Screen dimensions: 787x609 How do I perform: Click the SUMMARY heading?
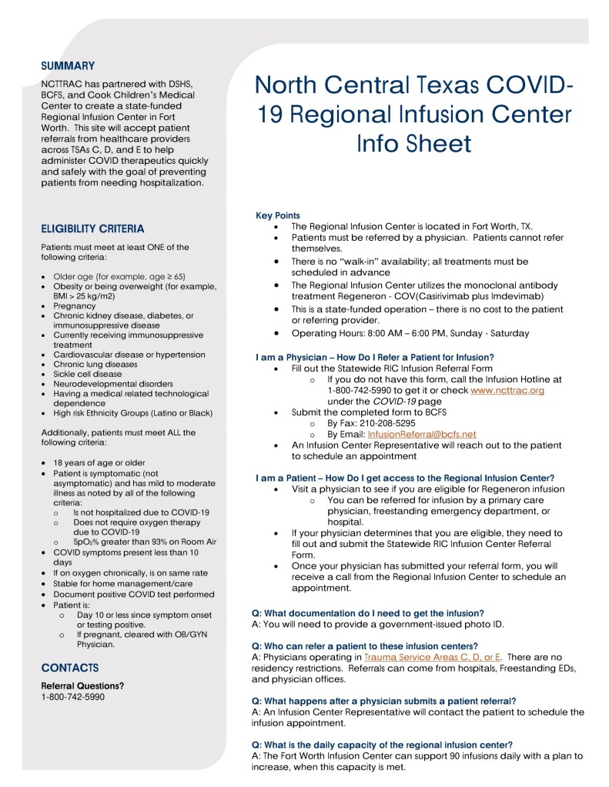click(x=68, y=66)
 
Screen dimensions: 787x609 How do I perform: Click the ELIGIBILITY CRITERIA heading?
click(x=92, y=228)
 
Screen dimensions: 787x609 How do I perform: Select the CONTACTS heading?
click(x=70, y=668)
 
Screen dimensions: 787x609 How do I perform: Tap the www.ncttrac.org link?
click(x=507, y=390)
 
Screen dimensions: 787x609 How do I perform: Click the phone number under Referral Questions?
click(x=73, y=697)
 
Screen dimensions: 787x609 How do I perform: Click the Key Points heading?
click(x=278, y=215)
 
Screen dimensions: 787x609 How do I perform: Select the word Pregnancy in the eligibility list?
click(x=75, y=305)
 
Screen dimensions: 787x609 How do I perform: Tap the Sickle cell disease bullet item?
click(x=87, y=374)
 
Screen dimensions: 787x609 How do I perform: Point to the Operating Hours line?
click(x=410, y=333)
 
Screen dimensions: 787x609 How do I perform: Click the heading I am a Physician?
click(x=374, y=357)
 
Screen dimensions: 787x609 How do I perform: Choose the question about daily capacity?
click(x=382, y=744)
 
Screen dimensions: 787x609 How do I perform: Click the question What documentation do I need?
click(x=368, y=613)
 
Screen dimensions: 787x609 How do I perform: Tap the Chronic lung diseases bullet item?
click(x=95, y=364)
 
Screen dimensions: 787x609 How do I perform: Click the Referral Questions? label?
click(x=82, y=685)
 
